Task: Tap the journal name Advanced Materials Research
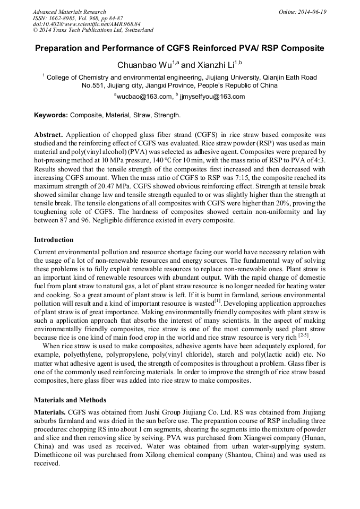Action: (70, 12)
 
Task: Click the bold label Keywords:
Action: (51, 115)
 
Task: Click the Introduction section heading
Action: (54, 240)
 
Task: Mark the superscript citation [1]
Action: (217, 300)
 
